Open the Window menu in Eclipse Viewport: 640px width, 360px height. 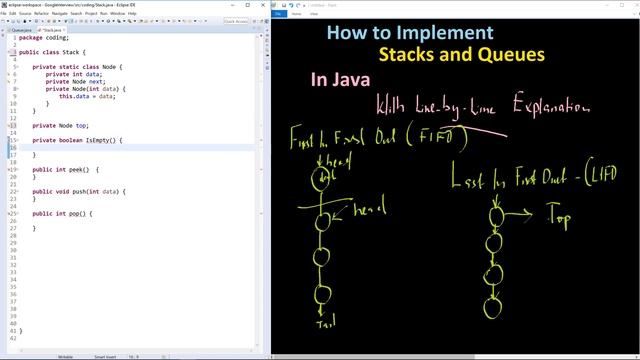tap(117, 13)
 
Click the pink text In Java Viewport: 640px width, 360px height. tap(340, 79)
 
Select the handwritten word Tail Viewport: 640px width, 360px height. tap(324, 323)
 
